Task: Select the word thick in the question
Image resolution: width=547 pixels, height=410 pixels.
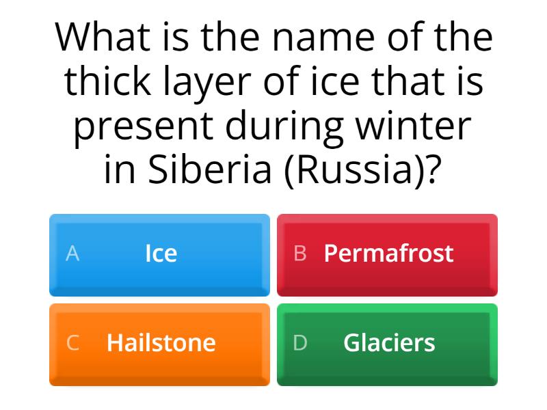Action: click(109, 82)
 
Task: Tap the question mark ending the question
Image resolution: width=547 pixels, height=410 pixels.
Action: click(430, 171)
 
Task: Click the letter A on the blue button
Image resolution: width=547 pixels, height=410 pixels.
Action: click(72, 254)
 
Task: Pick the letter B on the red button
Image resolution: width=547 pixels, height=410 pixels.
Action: click(299, 254)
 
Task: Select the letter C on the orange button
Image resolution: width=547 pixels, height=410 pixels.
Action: click(72, 342)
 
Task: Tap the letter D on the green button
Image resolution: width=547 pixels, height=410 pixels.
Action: click(300, 342)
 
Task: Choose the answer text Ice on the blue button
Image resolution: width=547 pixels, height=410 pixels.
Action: click(161, 254)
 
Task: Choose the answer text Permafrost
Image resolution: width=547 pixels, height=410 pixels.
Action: click(388, 254)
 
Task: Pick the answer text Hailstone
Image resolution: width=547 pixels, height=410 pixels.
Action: click(161, 342)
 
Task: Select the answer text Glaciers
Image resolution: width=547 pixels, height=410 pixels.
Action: click(388, 342)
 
